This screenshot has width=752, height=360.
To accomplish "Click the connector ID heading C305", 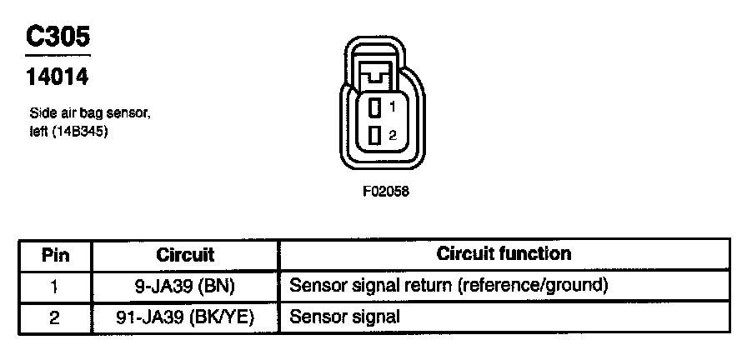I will (58, 37).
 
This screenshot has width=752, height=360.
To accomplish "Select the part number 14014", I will (58, 78).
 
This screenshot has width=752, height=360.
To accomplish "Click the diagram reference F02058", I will (386, 191).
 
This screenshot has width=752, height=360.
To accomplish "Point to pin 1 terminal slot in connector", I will (376, 107).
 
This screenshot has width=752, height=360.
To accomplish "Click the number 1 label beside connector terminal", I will (392, 107).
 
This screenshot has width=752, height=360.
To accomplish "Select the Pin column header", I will (55, 254).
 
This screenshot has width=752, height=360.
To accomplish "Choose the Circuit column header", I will (185, 254).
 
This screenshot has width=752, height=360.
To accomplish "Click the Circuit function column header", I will (504, 253).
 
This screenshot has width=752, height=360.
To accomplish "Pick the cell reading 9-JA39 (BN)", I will (185, 286).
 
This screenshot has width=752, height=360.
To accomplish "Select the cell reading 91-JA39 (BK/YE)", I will (185, 317).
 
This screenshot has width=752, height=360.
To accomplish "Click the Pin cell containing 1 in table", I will (55, 286).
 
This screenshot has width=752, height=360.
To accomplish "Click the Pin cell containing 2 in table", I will (55, 317).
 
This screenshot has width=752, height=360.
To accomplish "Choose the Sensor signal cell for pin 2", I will (344, 317).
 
